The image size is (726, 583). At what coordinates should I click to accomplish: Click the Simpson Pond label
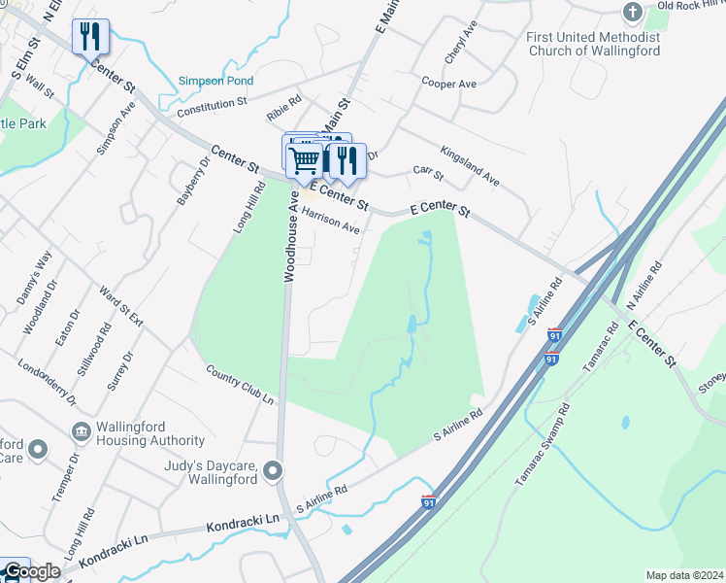point(215,82)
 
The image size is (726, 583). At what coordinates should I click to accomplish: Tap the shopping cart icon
point(305,158)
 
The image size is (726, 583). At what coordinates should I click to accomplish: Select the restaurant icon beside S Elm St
point(90,38)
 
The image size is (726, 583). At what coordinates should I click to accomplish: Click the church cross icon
point(632,12)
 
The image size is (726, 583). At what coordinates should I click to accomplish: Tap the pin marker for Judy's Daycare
point(274,471)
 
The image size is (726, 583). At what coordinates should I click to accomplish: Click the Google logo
point(31,572)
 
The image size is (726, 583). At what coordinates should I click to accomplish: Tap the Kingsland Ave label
point(470,166)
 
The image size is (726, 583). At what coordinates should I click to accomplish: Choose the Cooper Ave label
point(448,84)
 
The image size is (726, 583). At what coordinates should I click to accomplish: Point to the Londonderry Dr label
point(46,381)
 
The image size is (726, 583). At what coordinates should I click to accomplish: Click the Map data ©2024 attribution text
point(684,575)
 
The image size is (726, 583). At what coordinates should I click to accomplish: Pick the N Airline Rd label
point(644,285)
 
